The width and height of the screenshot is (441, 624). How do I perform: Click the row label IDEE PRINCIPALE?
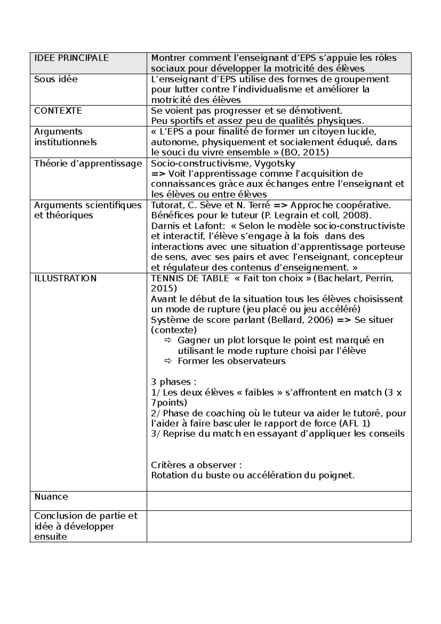tap(71, 58)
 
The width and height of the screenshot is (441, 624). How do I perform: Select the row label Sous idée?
tap(56, 79)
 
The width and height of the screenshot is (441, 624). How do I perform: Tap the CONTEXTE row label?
tap(58, 111)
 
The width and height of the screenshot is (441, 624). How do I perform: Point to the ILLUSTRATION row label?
tap(65, 278)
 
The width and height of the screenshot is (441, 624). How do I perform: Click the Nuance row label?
tap(51, 497)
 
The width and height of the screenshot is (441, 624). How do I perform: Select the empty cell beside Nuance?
tap(279, 501)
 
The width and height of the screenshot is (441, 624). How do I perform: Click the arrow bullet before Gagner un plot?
tap(168, 340)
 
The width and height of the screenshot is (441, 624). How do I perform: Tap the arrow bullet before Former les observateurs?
tap(168, 361)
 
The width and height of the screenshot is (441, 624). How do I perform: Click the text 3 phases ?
tap(174, 382)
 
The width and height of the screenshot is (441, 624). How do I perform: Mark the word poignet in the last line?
tap(340, 475)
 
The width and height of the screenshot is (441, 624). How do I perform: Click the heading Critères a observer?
tap(196, 465)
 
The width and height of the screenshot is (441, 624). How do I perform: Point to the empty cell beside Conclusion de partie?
tap(279, 526)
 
